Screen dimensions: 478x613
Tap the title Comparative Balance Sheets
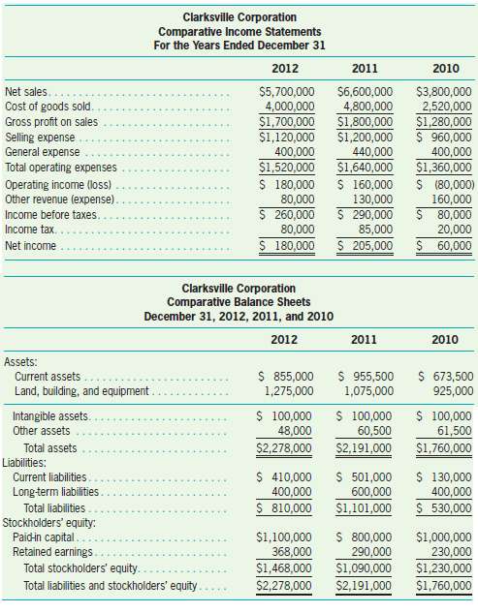click(x=239, y=301)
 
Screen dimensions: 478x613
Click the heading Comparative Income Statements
click(x=239, y=30)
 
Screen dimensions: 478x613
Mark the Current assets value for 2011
click(x=365, y=377)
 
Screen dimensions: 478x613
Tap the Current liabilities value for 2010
click(x=444, y=477)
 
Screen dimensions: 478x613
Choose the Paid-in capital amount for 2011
click(x=365, y=536)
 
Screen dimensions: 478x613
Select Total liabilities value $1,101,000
click(x=365, y=508)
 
